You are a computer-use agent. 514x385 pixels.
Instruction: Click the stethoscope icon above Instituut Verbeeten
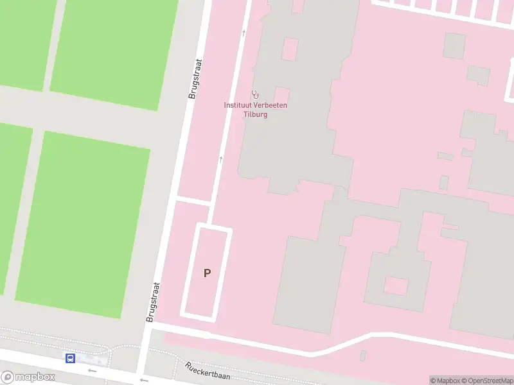pyautogui.click(x=255, y=94)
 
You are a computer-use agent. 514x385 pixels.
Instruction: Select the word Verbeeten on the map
pyautogui.click(x=271, y=105)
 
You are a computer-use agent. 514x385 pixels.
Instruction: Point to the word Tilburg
pyautogui.click(x=255, y=114)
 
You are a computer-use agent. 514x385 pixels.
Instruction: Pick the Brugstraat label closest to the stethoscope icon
pyautogui.click(x=195, y=78)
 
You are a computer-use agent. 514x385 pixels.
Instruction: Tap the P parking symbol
pyautogui.click(x=207, y=273)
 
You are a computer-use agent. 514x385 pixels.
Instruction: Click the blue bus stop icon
pyautogui.click(x=70, y=358)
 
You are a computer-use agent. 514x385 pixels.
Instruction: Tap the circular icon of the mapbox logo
pyautogui.click(x=7, y=377)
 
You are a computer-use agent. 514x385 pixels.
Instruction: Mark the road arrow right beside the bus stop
pyautogui.click(x=92, y=370)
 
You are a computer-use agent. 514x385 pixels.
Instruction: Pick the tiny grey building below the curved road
pyautogui.click(x=363, y=355)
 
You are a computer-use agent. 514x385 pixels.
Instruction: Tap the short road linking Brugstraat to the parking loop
pyautogui.click(x=193, y=201)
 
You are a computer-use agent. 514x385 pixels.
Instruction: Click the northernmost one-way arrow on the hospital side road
pyautogui.click(x=244, y=32)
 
